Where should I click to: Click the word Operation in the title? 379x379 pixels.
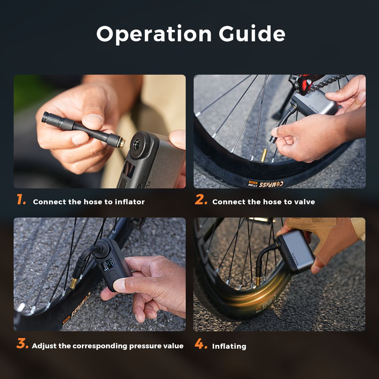click(x=153, y=34)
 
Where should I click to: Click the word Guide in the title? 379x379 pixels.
click(x=252, y=34)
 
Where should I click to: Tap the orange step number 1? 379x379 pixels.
click(x=21, y=200)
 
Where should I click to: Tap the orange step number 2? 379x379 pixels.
click(x=201, y=200)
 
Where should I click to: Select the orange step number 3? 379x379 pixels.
click(x=22, y=344)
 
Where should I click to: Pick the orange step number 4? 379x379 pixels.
click(x=201, y=344)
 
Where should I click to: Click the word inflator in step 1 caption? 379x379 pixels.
click(x=131, y=202)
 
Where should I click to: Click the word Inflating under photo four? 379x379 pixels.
click(x=229, y=346)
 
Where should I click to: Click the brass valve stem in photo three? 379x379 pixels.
click(x=74, y=282)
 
